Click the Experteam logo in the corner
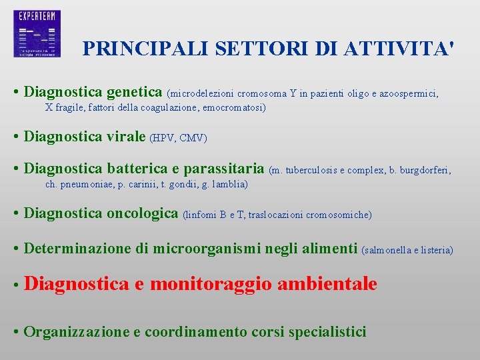(37, 33)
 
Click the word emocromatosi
(233, 107)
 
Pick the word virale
(125, 137)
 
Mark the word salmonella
(390, 251)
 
